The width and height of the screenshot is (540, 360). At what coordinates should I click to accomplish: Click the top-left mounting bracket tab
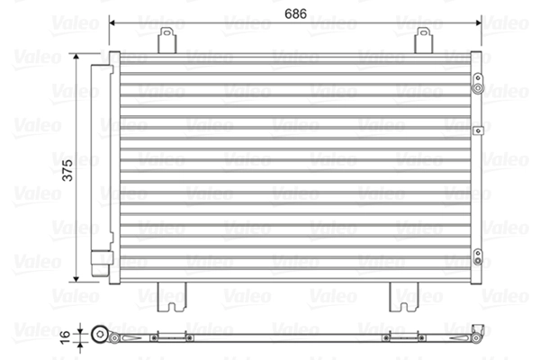coord(166,40)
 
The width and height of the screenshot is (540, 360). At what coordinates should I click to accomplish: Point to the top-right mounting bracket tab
coord(422,40)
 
